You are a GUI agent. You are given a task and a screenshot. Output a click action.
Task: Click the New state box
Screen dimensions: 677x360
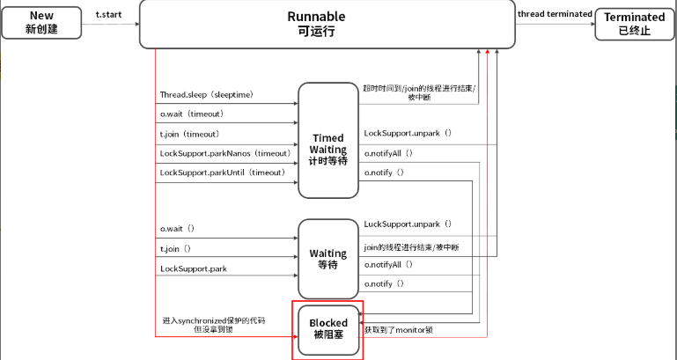click(41, 23)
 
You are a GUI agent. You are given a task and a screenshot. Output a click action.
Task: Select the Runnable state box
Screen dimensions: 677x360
click(327, 24)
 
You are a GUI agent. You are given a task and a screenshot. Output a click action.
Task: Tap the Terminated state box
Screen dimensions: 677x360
click(634, 24)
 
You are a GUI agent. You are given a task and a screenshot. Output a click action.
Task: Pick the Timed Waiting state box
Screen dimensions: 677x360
click(328, 140)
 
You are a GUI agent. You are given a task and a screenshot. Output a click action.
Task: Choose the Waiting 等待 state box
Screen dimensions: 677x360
click(328, 259)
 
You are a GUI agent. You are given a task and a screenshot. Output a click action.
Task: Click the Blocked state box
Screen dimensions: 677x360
click(328, 330)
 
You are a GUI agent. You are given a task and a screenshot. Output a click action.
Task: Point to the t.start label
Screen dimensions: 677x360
click(108, 15)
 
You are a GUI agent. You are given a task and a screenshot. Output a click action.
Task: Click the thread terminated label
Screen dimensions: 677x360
click(555, 14)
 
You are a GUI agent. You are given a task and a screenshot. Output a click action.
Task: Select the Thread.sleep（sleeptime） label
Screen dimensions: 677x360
click(207, 94)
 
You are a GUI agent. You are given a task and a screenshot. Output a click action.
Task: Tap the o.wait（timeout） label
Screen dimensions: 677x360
click(192, 114)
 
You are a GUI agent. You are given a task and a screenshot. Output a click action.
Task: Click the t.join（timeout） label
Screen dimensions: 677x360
click(190, 135)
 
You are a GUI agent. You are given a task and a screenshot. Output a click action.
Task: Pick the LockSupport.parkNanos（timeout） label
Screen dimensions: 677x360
click(225, 153)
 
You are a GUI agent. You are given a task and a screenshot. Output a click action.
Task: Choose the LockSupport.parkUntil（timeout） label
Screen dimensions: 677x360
click(224, 173)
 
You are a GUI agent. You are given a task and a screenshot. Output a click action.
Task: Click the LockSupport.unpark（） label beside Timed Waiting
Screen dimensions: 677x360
click(408, 133)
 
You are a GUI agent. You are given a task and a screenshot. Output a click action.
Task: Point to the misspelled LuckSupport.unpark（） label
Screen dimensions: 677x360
click(408, 224)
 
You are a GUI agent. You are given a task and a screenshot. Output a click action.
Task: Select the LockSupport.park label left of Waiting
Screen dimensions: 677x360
click(194, 269)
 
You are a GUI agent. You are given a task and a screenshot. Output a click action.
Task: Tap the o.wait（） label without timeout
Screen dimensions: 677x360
click(178, 229)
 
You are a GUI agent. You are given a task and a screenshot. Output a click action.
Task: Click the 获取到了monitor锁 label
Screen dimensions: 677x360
click(399, 330)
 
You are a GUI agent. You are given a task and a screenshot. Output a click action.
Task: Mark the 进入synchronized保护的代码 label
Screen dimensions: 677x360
click(214, 320)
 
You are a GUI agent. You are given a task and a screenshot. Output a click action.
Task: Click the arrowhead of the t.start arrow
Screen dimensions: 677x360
click(137, 24)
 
